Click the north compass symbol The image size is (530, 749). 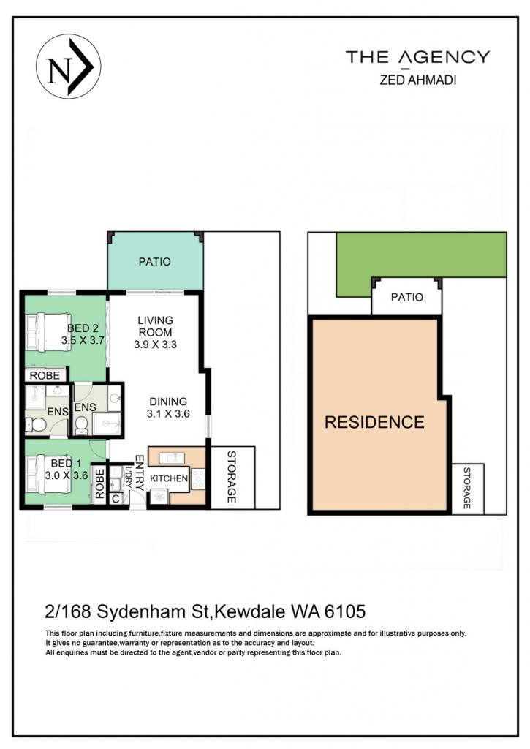[x=68, y=67]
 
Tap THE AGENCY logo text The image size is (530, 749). [x=418, y=57]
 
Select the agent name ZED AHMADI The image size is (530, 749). [x=418, y=80]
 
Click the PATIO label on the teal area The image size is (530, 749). [x=155, y=262]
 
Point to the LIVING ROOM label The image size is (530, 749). [x=155, y=326]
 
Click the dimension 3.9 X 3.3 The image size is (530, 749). [x=155, y=345]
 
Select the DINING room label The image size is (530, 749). [x=168, y=402]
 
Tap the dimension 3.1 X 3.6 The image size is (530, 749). [x=168, y=414]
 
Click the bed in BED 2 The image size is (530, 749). [x=48, y=332]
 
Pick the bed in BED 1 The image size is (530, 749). [x=48, y=475]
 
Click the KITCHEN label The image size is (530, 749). [x=169, y=478]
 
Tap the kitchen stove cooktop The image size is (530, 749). [x=197, y=479]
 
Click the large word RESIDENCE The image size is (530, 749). [x=374, y=422]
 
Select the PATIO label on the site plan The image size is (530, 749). [x=406, y=297]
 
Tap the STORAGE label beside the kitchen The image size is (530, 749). [x=232, y=477]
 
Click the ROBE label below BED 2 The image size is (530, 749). [x=45, y=376]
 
